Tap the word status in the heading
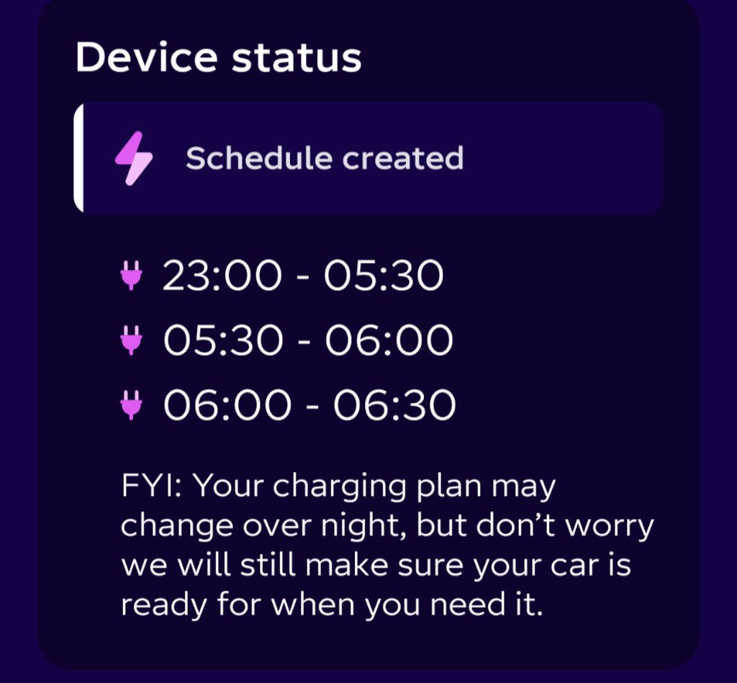coord(297,59)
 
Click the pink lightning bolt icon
coord(134,158)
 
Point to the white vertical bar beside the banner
coord(78,158)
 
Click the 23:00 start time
coord(222,276)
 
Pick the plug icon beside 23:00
coord(131,276)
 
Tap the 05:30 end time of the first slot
coord(384,276)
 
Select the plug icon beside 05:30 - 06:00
coord(131,340)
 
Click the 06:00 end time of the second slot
coord(389,340)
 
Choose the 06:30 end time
coord(394,404)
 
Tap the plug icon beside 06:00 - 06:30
coord(131,404)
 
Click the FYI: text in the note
coord(153,485)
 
